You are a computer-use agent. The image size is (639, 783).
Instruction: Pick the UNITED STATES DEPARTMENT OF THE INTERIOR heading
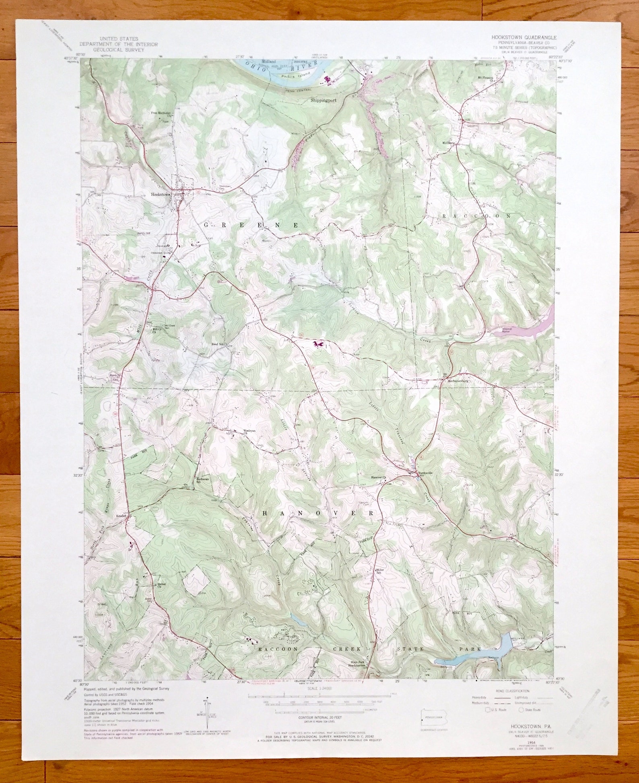tap(118, 44)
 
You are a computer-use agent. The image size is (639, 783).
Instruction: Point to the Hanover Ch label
tap(378, 478)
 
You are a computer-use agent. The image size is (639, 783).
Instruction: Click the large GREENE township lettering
tap(251, 226)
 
